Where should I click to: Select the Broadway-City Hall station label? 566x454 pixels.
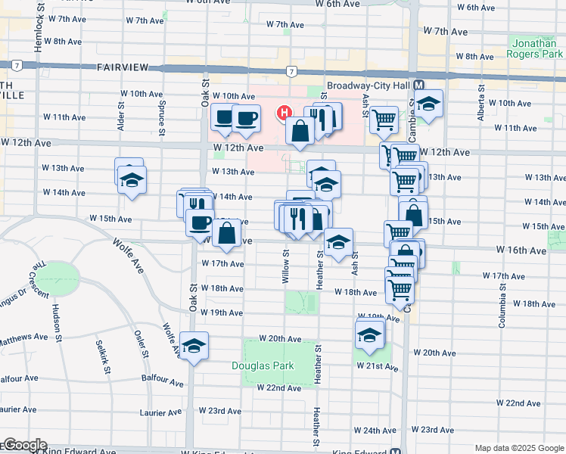[368, 86]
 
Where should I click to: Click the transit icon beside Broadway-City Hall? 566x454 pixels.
[418, 86]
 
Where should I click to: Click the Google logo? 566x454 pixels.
[24, 445]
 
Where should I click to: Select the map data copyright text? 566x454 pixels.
[519, 448]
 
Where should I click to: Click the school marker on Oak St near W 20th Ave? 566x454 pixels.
[194, 346]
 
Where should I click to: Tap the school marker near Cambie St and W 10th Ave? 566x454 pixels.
[428, 104]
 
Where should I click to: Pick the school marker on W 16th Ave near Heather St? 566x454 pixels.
[338, 242]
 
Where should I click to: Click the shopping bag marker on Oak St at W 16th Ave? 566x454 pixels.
[227, 234]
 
